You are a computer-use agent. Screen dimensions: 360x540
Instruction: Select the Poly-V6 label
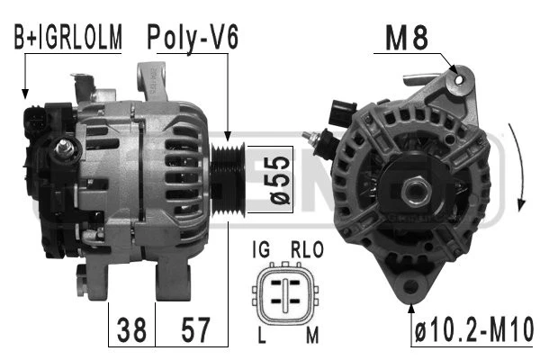pyautogui.click(x=193, y=37)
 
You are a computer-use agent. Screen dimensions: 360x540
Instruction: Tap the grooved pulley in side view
pyautogui.click(x=231, y=166)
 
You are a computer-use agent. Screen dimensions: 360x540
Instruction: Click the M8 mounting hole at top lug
pyautogui.click(x=462, y=80)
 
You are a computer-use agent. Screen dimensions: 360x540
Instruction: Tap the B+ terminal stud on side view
pyautogui.click(x=64, y=148)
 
